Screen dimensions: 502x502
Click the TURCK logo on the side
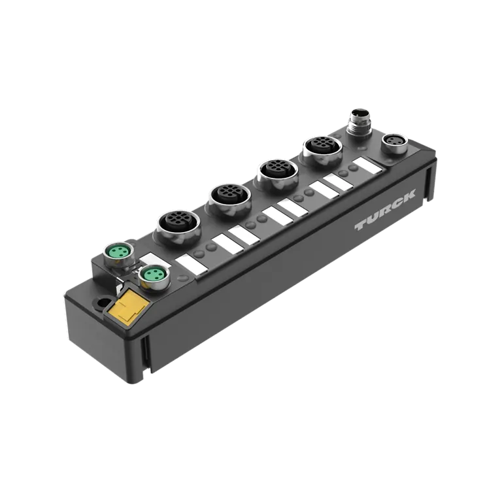click(x=385, y=210)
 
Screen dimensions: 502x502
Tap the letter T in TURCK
click(x=362, y=225)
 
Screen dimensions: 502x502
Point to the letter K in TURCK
click(x=408, y=195)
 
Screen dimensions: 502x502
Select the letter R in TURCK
click(x=386, y=210)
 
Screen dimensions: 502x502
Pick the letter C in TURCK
click(x=397, y=203)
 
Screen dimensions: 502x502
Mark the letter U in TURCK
click(x=374, y=218)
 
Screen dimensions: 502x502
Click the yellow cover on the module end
click(x=128, y=307)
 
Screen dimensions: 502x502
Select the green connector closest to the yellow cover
click(x=154, y=276)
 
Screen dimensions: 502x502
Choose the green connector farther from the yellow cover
click(x=119, y=254)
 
